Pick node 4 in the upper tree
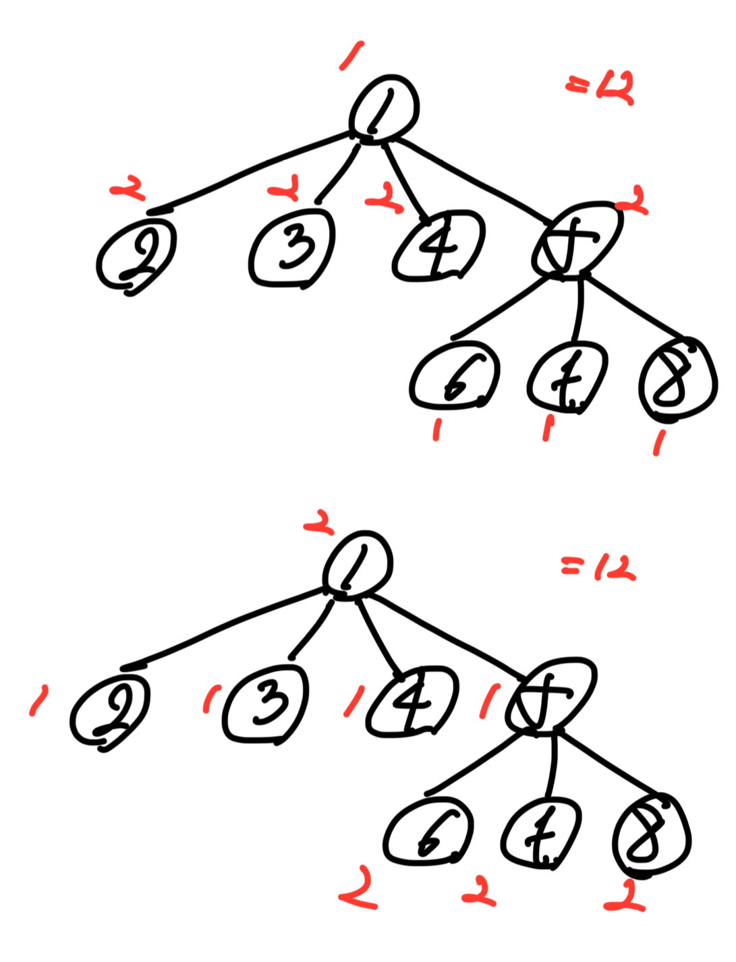click(x=438, y=246)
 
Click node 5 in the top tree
click(x=576, y=239)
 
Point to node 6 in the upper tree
click(x=454, y=376)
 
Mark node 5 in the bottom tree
click(x=552, y=695)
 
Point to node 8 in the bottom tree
click(x=651, y=837)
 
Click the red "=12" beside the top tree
click(x=600, y=88)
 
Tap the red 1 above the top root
click(x=351, y=55)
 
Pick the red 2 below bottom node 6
click(x=358, y=888)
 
